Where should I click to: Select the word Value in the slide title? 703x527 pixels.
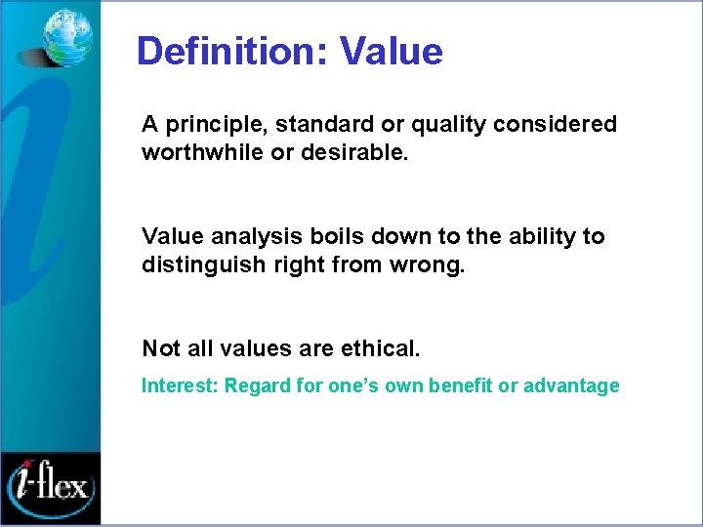(x=391, y=51)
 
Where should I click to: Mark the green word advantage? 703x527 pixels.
(x=571, y=385)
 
